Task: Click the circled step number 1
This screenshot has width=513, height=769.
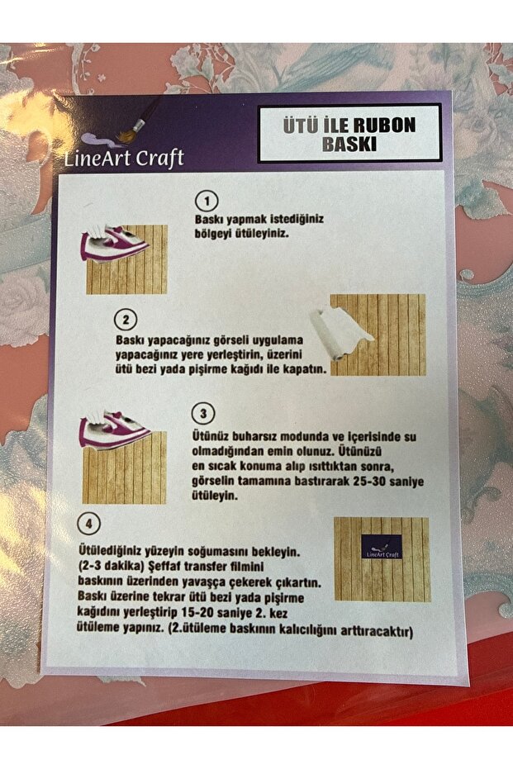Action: coord(207,202)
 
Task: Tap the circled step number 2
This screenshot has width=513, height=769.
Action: coord(125,320)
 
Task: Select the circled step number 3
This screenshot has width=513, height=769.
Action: coord(204,413)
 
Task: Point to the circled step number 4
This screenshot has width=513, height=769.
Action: coord(88,525)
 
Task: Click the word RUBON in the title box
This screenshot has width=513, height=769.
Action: coord(386,126)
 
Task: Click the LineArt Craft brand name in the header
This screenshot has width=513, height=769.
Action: coord(124,157)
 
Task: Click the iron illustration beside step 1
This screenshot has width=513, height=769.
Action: coord(115,244)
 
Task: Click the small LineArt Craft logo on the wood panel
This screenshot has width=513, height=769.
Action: coord(382,547)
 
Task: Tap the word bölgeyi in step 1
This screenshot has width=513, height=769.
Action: coord(216,234)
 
